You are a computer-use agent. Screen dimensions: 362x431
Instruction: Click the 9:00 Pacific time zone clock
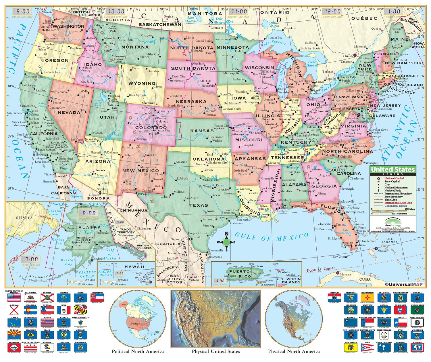click(x=23, y=12)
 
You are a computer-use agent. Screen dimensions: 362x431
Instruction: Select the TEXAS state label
click(x=199, y=205)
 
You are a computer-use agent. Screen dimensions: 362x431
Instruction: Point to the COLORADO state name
click(x=151, y=127)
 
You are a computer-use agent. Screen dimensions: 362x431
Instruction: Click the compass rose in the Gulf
click(x=226, y=242)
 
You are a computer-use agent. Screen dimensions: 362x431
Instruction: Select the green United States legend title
click(x=393, y=169)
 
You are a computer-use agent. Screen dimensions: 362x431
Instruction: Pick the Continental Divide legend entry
click(x=395, y=206)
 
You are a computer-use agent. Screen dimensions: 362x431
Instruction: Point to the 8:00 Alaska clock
click(x=89, y=213)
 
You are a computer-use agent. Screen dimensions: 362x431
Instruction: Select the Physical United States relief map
click(x=215, y=319)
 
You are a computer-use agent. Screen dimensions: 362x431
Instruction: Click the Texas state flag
click(x=400, y=323)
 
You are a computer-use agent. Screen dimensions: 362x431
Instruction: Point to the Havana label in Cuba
click(x=345, y=275)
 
